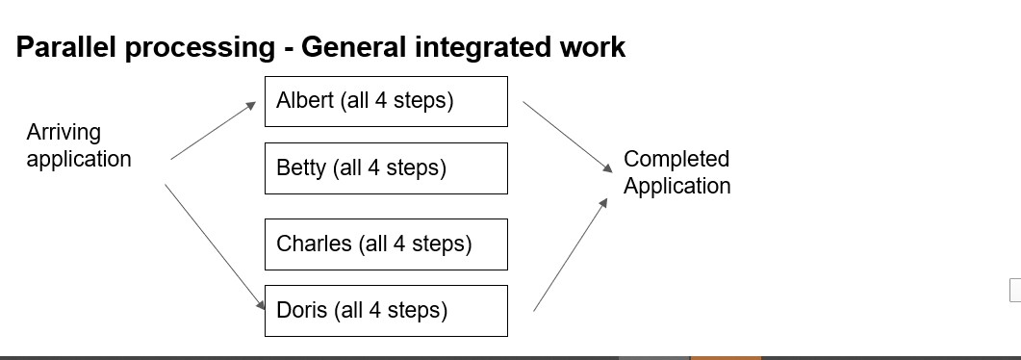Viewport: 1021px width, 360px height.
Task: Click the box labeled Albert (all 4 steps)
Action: pyautogui.click(x=386, y=102)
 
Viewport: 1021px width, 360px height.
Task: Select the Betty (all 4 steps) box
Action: pyautogui.click(x=386, y=168)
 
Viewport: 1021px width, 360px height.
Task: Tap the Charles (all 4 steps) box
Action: pyautogui.click(x=386, y=244)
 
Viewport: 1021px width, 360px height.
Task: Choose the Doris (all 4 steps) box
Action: pyautogui.click(x=386, y=311)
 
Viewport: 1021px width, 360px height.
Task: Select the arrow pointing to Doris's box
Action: pyautogui.click(x=216, y=247)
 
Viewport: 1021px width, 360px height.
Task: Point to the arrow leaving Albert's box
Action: pyautogui.click(x=567, y=137)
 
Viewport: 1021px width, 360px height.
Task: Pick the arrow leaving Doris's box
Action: pyautogui.click(x=571, y=254)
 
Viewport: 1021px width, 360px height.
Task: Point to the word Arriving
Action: pyautogui.click(x=64, y=132)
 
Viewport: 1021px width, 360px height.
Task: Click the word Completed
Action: pyautogui.click(x=676, y=159)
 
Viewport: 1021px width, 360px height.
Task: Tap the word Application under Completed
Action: pyautogui.click(x=676, y=186)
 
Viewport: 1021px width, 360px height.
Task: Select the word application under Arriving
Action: pyautogui.click(x=79, y=159)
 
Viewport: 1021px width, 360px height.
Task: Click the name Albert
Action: pyautogui.click(x=304, y=101)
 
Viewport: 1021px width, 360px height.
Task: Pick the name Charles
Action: pyautogui.click(x=314, y=244)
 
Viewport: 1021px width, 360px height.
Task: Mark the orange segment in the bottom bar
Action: pyautogui.click(x=726, y=357)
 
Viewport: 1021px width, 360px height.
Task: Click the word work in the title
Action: pyautogui.click(x=590, y=47)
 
